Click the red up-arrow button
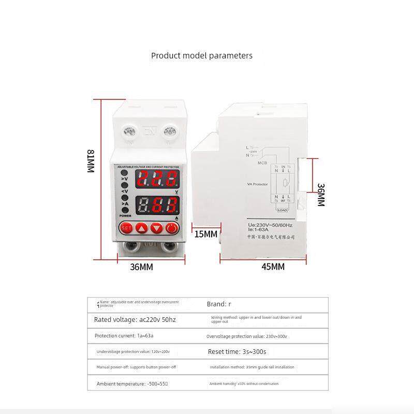(x=142, y=227)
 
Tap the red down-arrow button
(x=157, y=227)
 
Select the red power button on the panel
(x=172, y=227)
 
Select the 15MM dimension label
(x=205, y=234)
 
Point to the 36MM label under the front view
(x=141, y=267)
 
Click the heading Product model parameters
(x=202, y=55)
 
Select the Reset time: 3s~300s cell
(x=237, y=351)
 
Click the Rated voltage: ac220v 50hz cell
(x=135, y=320)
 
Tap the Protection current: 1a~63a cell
(x=124, y=336)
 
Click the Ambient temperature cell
(x=132, y=383)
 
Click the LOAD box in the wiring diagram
(x=282, y=210)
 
